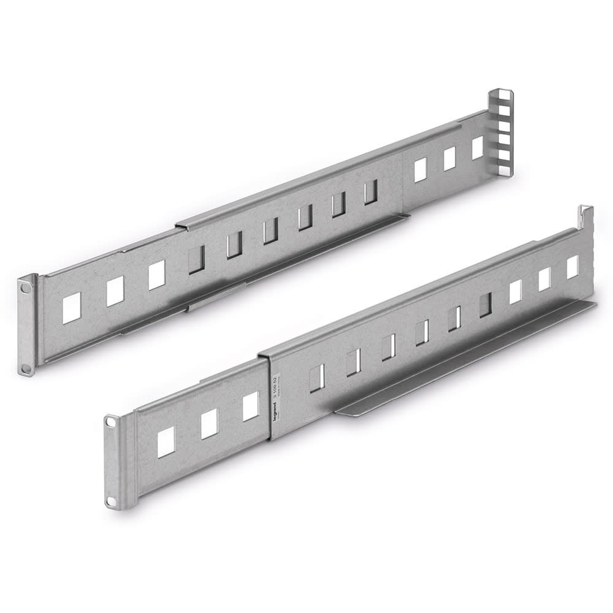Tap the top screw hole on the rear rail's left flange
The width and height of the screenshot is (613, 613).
[x=26, y=286]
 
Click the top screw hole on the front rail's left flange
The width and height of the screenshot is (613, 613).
[x=111, y=422]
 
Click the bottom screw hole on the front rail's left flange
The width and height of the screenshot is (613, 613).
[x=111, y=501]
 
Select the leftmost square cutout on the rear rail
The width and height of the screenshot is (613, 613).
[x=72, y=308]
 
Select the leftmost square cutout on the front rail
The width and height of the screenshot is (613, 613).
[x=166, y=442]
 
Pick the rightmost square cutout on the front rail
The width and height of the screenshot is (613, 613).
[x=573, y=267]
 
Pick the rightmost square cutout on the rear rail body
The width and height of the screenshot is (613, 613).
[x=478, y=148]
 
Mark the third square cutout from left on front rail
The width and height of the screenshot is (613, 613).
[x=251, y=406]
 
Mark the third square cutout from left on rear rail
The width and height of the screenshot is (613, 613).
[x=157, y=275]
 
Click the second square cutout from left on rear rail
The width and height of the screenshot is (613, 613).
[x=115, y=291]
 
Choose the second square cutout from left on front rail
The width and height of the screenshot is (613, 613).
[x=210, y=424]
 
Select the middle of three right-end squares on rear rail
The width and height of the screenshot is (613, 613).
[x=450, y=159]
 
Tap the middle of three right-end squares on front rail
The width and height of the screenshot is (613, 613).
[x=544, y=280]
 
